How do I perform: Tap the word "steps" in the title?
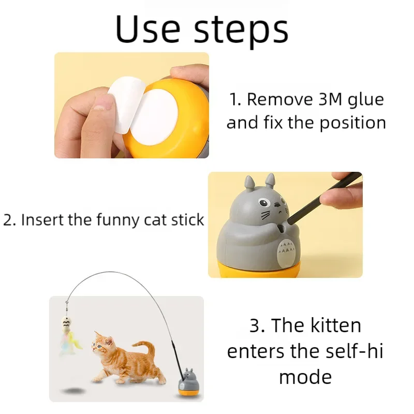(x=241, y=31)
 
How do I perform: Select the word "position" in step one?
(x=353, y=123)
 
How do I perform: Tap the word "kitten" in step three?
(x=335, y=326)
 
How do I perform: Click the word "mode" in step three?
(x=305, y=377)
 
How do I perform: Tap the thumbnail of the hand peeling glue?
(x=131, y=105)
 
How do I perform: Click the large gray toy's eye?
(x=264, y=203)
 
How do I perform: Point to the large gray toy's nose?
(x=277, y=204)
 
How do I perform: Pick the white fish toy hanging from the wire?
(x=66, y=326)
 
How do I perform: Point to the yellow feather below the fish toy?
(x=75, y=343)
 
